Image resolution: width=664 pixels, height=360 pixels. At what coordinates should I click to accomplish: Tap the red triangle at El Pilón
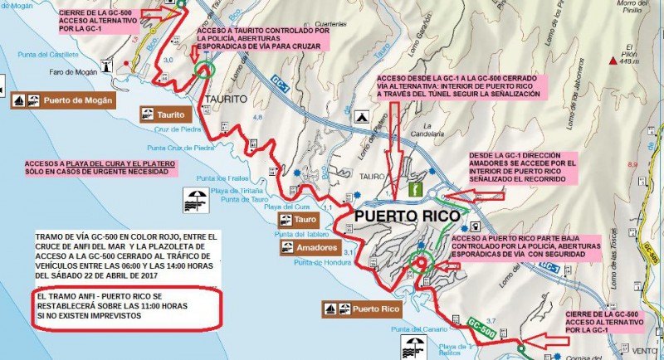click(613, 61)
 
